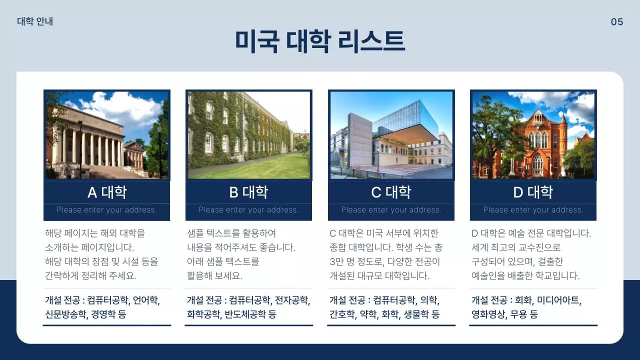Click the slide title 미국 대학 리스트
point(319,41)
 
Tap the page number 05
point(617,22)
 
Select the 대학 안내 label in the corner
point(35,21)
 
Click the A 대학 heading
point(107,192)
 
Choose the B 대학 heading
point(248,192)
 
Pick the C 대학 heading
point(391,192)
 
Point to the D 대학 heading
point(533,192)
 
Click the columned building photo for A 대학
point(107,135)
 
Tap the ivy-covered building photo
point(248,135)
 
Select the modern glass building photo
point(391,135)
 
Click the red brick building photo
point(533,135)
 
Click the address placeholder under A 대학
point(107,210)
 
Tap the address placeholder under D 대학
point(533,210)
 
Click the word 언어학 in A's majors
point(146,300)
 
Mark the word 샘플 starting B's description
point(195,233)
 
